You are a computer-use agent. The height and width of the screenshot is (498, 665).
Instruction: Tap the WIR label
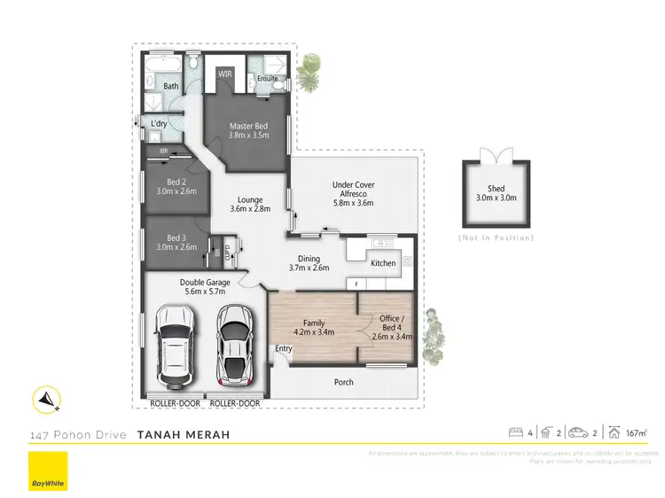(x=225, y=74)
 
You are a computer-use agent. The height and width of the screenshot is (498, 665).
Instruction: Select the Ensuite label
(x=267, y=78)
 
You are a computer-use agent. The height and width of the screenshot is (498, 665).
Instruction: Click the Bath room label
(x=170, y=86)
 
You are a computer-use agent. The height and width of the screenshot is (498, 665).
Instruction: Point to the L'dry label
(x=160, y=122)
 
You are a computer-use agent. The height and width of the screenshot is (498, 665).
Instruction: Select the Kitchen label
(x=383, y=263)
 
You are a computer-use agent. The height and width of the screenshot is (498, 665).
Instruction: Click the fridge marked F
(x=356, y=284)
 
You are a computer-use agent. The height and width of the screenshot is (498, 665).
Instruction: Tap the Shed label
(x=496, y=189)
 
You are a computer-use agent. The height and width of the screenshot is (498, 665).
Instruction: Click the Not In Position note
(x=496, y=238)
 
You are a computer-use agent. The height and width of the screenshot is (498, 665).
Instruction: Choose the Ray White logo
(x=47, y=471)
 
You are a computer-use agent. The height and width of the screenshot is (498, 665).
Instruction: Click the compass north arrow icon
(x=46, y=401)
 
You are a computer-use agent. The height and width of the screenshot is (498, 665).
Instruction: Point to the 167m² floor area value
(x=634, y=433)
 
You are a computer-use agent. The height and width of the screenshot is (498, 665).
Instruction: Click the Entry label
(x=283, y=348)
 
